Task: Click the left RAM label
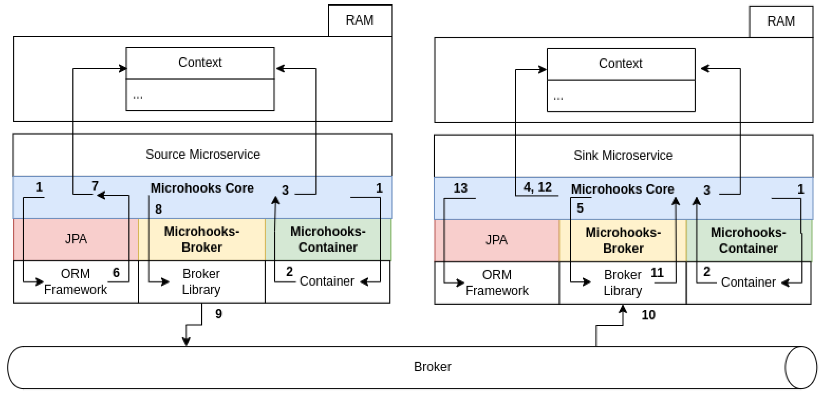(x=359, y=20)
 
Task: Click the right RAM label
(x=781, y=21)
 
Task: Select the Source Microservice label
(x=203, y=154)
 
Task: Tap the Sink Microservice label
(x=623, y=156)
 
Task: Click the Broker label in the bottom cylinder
(x=432, y=367)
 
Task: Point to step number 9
(x=219, y=314)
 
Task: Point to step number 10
(x=648, y=315)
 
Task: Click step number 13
(x=461, y=188)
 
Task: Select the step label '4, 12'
(x=538, y=187)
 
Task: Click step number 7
(x=95, y=186)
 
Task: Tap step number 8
(x=158, y=209)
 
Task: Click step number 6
(x=116, y=273)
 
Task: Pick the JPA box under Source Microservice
(x=76, y=239)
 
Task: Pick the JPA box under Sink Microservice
(x=496, y=240)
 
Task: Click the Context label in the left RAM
(x=200, y=62)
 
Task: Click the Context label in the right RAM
(x=620, y=64)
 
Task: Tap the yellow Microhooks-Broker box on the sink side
(x=623, y=240)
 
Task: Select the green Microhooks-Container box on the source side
(x=328, y=239)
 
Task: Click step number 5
(x=580, y=208)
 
